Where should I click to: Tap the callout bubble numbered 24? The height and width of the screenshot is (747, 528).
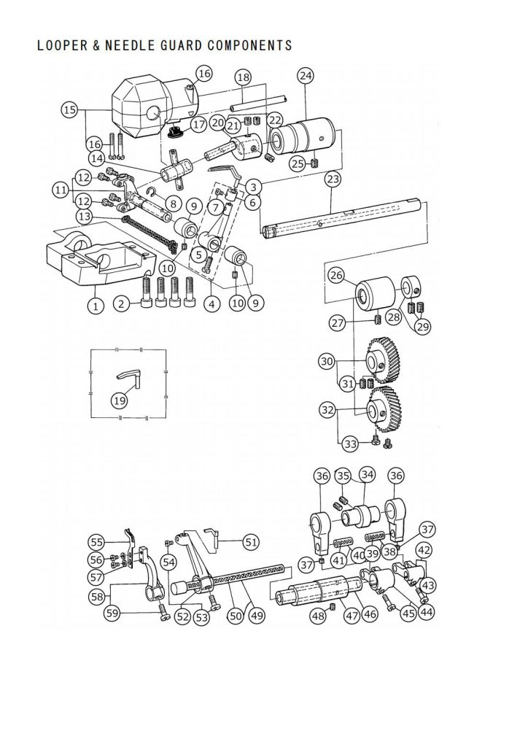(306, 76)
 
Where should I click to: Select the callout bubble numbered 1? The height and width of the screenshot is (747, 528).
(96, 305)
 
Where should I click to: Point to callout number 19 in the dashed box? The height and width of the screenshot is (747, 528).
(119, 400)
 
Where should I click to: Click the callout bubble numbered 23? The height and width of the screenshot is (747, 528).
(333, 179)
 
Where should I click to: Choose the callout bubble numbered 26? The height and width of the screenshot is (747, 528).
(336, 275)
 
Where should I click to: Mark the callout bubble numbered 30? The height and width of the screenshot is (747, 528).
(327, 362)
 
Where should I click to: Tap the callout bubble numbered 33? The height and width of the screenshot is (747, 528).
(350, 444)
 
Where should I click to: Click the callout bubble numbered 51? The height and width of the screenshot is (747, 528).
(251, 542)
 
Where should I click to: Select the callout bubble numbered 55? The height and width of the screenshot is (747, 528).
(97, 542)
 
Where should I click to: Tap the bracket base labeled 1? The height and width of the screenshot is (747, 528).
(101, 260)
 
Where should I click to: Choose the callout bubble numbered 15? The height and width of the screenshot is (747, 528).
(69, 110)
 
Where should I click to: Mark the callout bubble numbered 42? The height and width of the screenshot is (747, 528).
(424, 550)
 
